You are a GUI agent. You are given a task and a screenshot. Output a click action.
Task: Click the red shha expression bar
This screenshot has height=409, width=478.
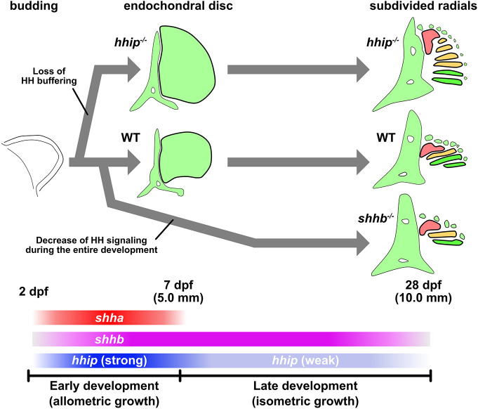point(109,318)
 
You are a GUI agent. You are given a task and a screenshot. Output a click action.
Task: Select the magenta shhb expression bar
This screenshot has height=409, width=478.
point(231,339)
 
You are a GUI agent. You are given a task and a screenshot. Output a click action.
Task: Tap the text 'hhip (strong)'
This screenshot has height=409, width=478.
point(109,361)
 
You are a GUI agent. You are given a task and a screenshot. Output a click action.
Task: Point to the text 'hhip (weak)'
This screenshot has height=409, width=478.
point(305,361)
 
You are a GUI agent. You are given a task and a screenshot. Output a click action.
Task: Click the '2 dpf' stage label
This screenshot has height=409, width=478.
point(34,291)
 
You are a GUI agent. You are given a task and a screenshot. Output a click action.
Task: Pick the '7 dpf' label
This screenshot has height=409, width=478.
point(178,285)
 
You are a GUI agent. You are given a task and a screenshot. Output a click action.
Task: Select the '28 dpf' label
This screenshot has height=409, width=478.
point(423,285)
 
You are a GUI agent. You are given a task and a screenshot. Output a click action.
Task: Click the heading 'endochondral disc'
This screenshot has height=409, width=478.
point(178,6)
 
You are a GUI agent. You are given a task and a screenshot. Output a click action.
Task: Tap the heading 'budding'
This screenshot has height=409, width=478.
point(34,6)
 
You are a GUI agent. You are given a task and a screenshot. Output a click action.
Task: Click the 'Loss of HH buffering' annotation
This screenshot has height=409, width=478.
point(49,76)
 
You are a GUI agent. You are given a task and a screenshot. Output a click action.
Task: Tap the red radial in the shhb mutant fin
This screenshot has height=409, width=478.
point(429,227)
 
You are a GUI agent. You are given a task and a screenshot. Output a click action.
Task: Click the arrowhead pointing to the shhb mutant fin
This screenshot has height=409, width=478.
point(363,243)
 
